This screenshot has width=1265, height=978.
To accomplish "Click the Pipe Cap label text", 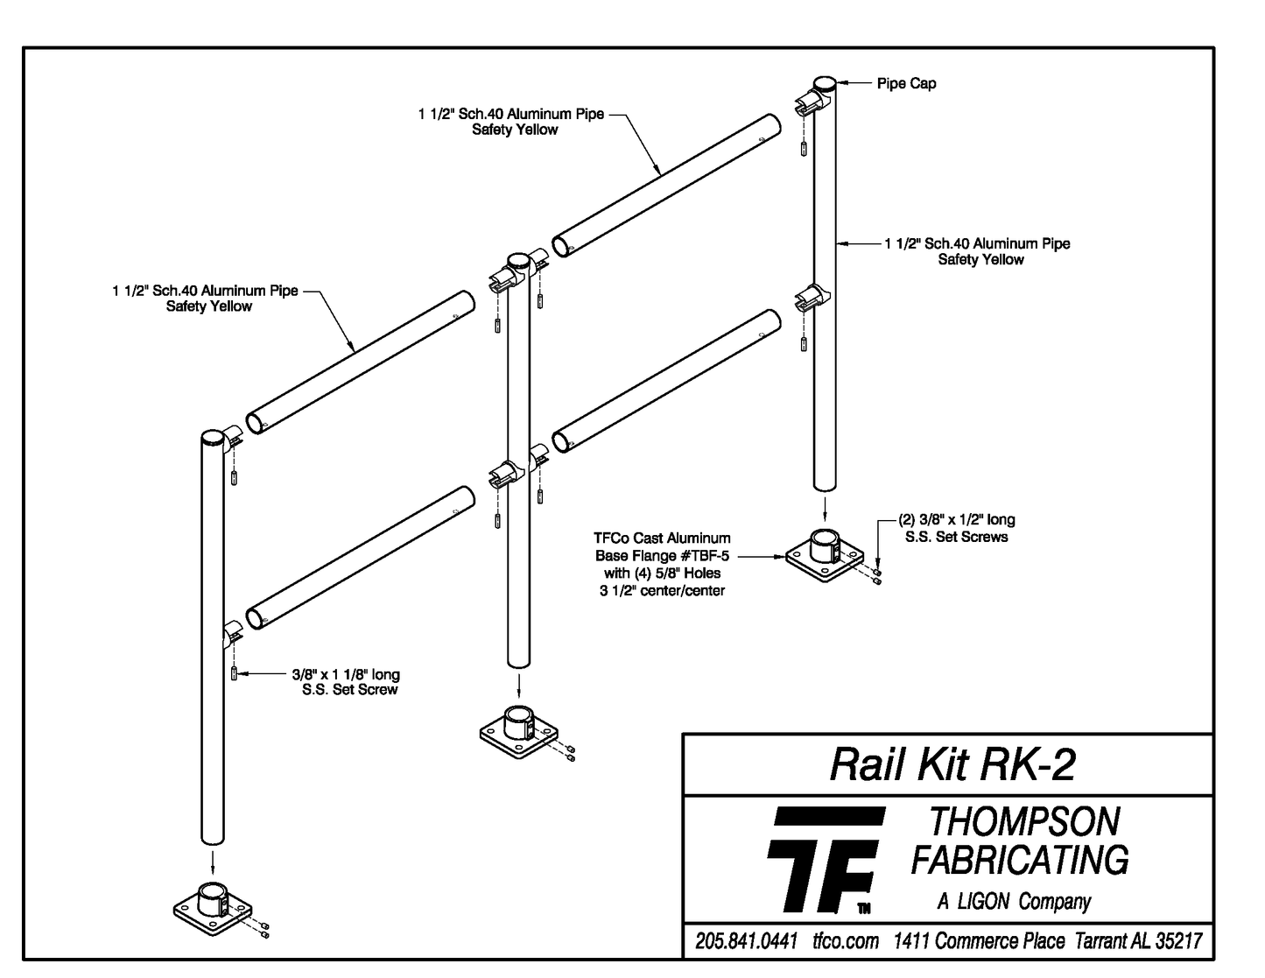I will pyautogui.click(x=906, y=84).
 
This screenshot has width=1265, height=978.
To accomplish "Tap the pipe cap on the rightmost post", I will pyautogui.click(x=824, y=84).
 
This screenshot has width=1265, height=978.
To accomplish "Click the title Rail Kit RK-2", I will pyautogui.click(x=951, y=764).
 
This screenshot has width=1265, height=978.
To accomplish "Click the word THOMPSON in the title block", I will pyautogui.click(x=1023, y=822).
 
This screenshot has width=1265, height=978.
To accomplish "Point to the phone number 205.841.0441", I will pyautogui.click(x=746, y=941).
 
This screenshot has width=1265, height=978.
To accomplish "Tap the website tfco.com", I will pyautogui.click(x=845, y=941).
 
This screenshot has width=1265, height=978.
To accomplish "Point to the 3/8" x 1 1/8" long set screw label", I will pyautogui.click(x=346, y=682).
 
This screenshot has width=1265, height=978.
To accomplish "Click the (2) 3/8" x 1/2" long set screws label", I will pyautogui.click(x=956, y=528).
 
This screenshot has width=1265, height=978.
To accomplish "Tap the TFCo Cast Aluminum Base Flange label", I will pyautogui.click(x=662, y=564).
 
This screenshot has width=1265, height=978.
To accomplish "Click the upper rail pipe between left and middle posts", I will pyautogui.click(x=361, y=362).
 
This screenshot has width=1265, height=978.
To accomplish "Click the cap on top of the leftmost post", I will pyautogui.click(x=213, y=437).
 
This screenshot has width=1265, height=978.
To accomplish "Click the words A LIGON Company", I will pyautogui.click(x=1014, y=901).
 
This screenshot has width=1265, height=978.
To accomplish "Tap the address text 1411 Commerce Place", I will pyautogui.click(x=979, y=941).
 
